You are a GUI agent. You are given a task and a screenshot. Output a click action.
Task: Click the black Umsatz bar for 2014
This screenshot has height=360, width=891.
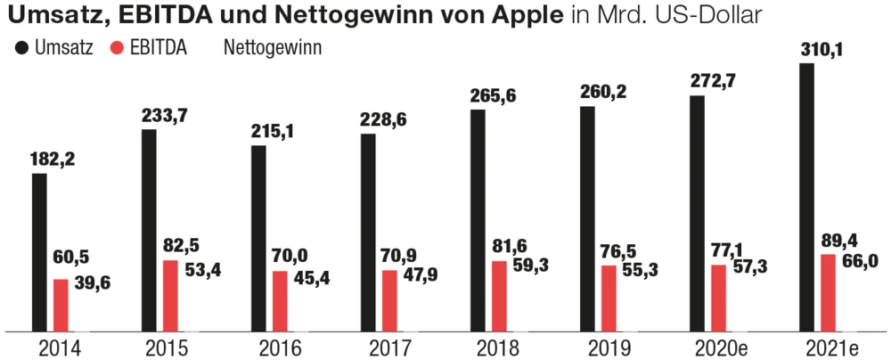[x=39, y=252]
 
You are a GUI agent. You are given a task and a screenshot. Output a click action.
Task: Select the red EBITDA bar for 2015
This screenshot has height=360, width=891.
[x=170, y=295]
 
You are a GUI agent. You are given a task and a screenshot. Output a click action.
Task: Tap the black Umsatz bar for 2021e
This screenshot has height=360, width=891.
[x=807, y=197]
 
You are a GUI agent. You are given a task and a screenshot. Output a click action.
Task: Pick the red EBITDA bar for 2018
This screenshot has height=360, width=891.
[x=500, y=296]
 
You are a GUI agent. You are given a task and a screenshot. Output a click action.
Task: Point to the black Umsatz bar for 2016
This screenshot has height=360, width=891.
[x=258, y=238]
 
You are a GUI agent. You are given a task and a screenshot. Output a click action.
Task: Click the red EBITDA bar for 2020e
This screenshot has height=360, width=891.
[x=719, y=298]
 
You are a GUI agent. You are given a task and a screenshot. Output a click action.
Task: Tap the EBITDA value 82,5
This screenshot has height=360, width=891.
[x=182, y=245]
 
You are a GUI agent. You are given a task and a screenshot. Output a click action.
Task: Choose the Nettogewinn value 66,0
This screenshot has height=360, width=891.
[x=861, y=260]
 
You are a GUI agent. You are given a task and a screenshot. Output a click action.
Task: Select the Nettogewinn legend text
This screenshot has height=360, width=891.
[x=272, y=48]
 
